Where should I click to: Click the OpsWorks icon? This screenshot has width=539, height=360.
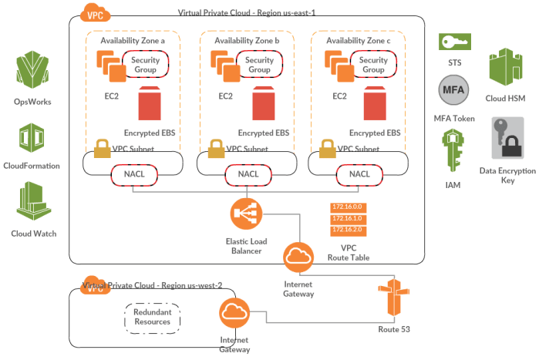click(x=32, y=72)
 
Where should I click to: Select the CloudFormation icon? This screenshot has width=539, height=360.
click(x=32, y=139)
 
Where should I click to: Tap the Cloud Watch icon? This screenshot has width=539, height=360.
click(x=32, y=203)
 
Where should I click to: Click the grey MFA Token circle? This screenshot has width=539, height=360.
click(x=453, y=93)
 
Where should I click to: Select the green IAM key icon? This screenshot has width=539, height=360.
click(x=452, y=150)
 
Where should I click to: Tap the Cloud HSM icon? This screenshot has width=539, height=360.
click(x=506, y=66)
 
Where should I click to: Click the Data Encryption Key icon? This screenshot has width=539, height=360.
click(x=507, y=140)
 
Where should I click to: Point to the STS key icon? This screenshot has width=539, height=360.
click(x=455, y=41)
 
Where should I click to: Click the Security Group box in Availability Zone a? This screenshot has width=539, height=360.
click(x=144, y=65)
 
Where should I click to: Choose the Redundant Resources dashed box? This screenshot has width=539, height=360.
click(x=152, y=315)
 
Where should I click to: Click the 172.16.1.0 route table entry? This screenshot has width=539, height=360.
click(x=347, y=218)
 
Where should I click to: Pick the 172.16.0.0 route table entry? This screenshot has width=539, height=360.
click(x=347, y=207)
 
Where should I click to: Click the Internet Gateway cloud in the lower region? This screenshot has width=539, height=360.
click(x=233, y=313)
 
